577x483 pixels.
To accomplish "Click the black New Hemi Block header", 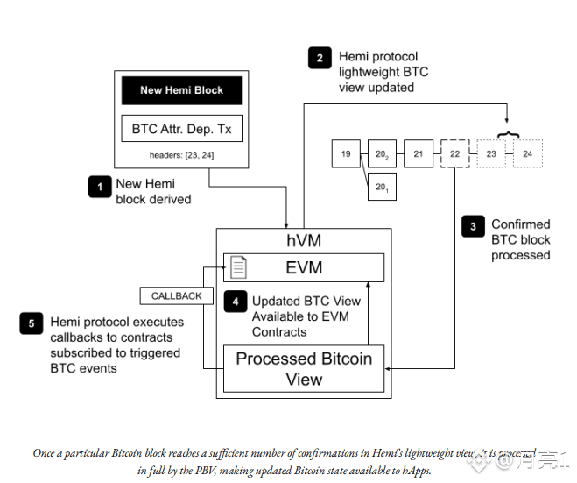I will [x=181, y=90].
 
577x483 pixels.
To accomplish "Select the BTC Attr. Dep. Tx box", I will [x=181, y=129].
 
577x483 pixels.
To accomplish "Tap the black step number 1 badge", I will [x=100, y=187].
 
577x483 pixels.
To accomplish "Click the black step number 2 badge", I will [x=320, y=60].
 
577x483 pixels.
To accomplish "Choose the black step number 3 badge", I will [x=473, y=227].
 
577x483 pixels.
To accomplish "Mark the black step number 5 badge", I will [x=32, y=323].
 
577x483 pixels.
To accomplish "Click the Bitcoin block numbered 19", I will [x=346, y=154].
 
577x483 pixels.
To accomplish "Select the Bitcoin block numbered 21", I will [x=419, y=154].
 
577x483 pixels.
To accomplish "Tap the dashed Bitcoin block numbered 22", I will [x=455, y=154].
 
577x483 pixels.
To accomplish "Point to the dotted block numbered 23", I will [x=491, y=154].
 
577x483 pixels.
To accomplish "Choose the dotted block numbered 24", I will [x=527, y=154].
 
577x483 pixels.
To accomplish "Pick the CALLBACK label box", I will [x=176, y=296].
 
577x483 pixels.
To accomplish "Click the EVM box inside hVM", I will [x=304, y=267].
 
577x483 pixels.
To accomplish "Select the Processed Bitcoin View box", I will [x=304, y=369].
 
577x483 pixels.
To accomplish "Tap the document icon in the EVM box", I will [x=238, y=267].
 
